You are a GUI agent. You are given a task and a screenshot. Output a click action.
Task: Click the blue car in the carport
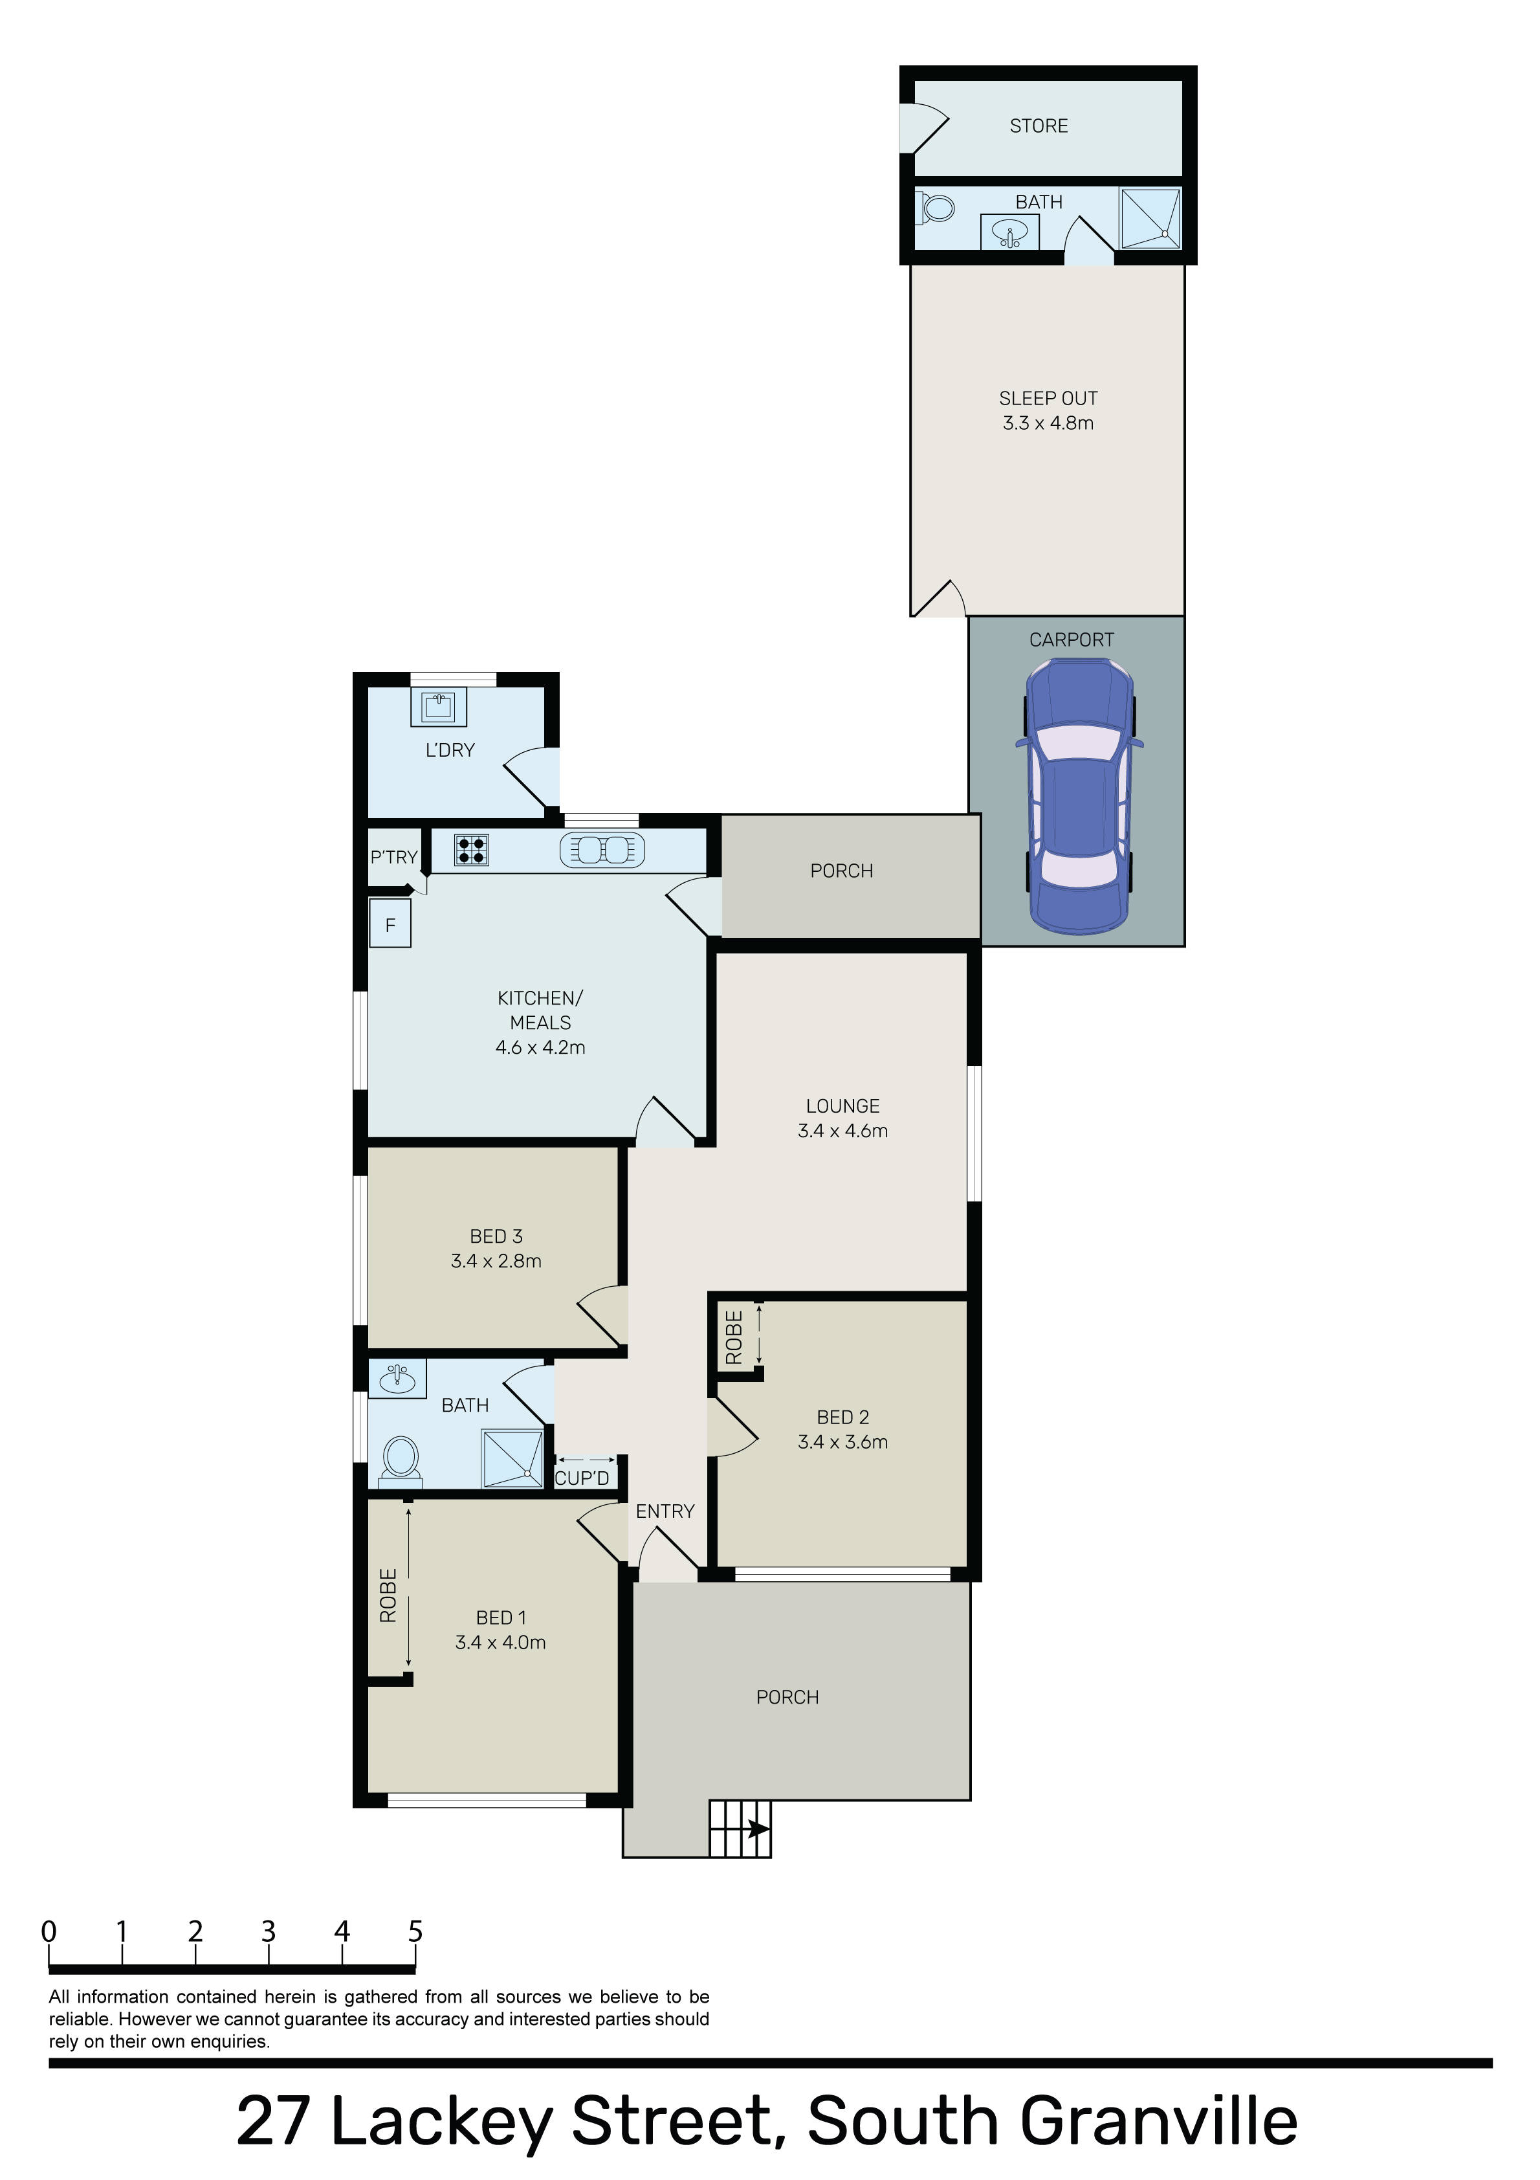[1079, 795]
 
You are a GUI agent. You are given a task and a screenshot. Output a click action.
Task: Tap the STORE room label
[1039, 126]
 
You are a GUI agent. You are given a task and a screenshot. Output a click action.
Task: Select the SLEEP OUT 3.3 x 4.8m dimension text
[1048, 423]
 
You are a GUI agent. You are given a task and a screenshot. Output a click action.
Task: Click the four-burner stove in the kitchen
[472, 850]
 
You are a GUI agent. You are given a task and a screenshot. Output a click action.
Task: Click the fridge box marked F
[390, 924]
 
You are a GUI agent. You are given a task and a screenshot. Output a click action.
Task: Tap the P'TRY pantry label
[394, 858]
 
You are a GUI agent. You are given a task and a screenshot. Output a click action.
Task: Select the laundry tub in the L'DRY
[439, 706]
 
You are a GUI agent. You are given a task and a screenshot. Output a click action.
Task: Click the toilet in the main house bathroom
[400, 1462]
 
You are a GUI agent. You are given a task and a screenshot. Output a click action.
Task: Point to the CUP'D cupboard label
[582, 1478]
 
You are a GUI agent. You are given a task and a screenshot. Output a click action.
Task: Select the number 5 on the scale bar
[415, 1931]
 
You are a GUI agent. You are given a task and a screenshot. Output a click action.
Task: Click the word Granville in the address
[1158, 2121]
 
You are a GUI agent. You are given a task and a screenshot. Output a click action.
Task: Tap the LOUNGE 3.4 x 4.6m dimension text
[843, 1131]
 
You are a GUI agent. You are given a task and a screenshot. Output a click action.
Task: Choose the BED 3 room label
[496, 1236]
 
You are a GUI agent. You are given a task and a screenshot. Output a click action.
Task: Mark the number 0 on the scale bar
[49, 1931]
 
